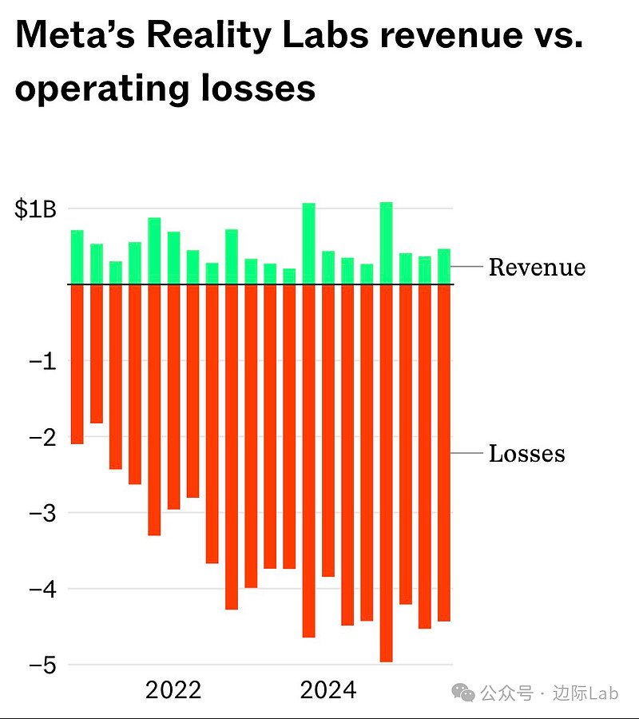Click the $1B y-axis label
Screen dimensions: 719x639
[x=34, y=210]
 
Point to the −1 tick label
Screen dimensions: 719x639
[x=41, y=362]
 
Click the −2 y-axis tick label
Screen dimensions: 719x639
[x=41, y=438]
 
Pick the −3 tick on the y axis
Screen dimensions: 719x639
[x=41, y=514]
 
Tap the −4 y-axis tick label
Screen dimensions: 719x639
[x=41, y=590]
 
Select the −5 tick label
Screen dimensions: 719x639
[x=41, y=665]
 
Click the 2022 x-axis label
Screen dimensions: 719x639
[x=173, y=690]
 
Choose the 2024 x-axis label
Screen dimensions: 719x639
[x=327, y=690]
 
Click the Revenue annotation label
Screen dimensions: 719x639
[x=537, y=267]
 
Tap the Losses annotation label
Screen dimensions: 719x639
[x=526, y=454]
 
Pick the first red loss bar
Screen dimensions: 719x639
[x=77, y=363]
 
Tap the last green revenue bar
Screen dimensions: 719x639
[x=444, y=266]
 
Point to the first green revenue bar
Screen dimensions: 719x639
[x=77, y=256]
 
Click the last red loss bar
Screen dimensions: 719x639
[x=444, y=452]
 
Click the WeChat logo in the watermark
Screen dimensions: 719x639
[x=463, y=693]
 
